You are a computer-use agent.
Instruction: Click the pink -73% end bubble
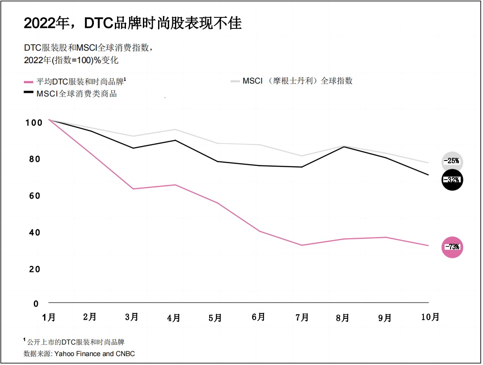tap(452, 247)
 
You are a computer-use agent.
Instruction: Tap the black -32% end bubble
tap(452, 180)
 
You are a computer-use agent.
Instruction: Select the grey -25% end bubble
tap(452, 161)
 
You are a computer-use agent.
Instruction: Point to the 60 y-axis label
tap(35, 196)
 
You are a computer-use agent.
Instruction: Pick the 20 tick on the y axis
tap(35, 269)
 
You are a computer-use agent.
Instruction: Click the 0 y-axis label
tap(37, 304)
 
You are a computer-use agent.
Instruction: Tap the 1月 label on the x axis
tap(49, 317)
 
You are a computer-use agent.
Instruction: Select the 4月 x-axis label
tap(174, 318)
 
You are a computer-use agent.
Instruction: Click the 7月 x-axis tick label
tap(302, 317)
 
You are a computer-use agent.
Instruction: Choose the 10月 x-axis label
tap(429, 317)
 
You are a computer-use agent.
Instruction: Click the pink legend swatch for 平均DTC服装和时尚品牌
tap(28, 81)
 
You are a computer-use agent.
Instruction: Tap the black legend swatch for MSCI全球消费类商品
tap(28, 92)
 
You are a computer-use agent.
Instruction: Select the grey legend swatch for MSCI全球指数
tap(235, 81)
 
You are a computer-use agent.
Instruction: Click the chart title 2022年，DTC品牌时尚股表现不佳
tap(133, 24)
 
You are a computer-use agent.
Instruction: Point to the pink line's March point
tap(133, 189)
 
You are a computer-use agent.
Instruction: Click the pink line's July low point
tap(302, 245)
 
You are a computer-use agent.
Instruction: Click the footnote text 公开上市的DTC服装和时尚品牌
tap(76, 342)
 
